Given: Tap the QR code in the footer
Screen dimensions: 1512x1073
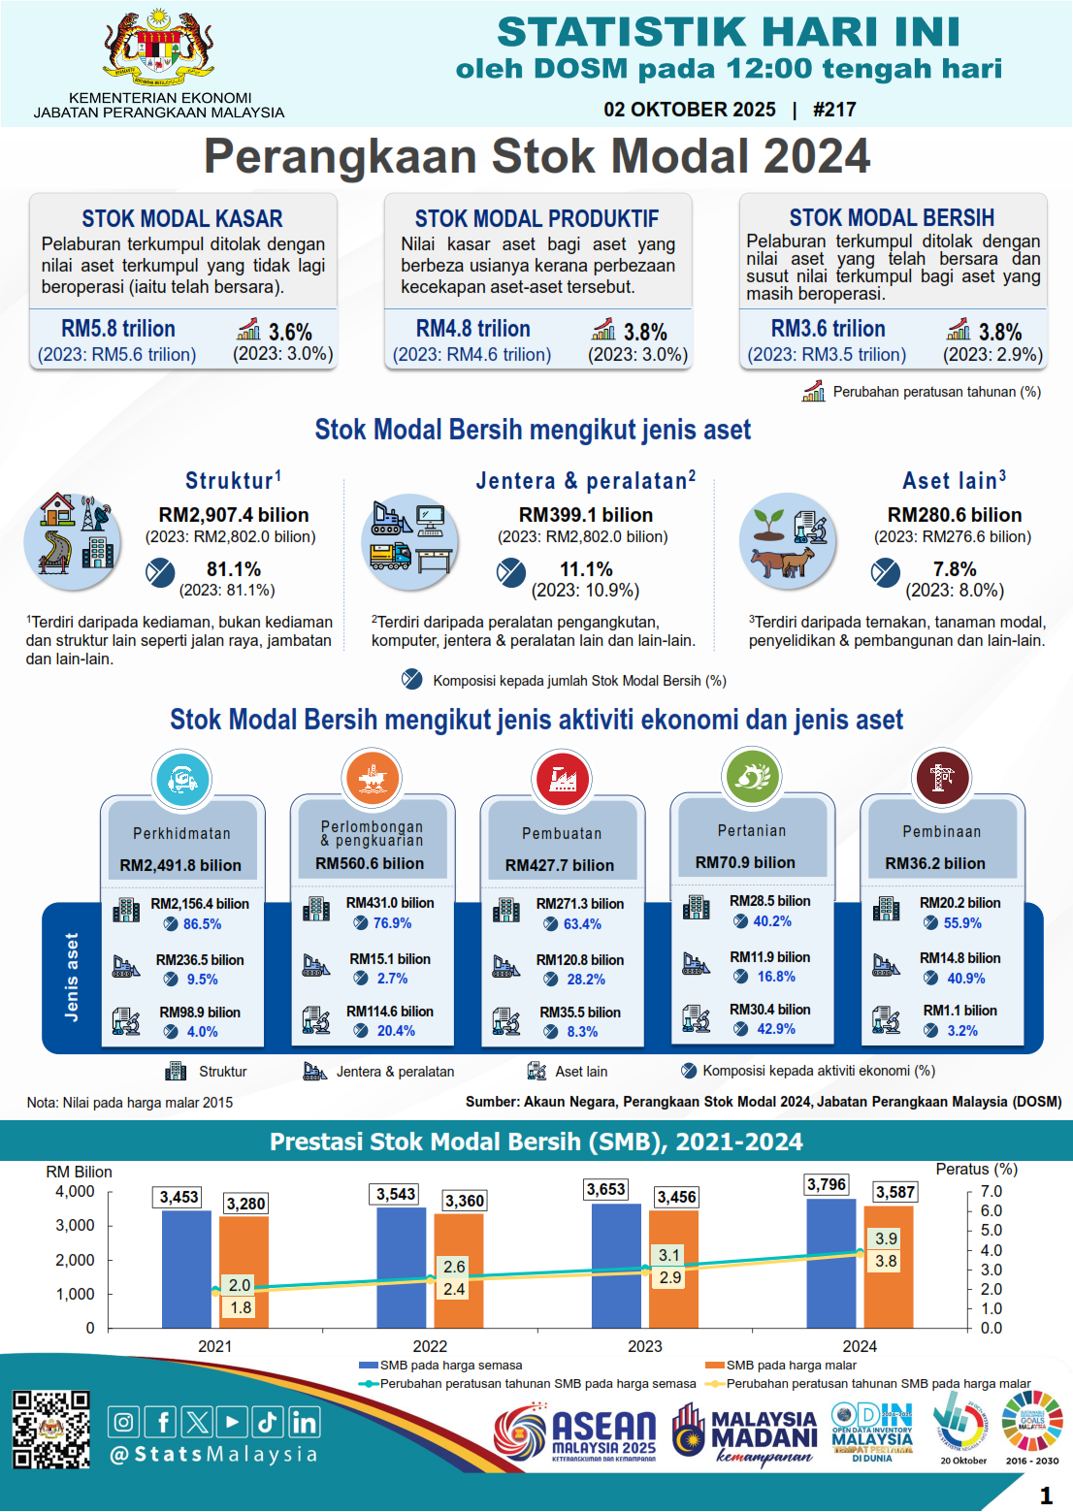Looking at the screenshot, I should pos(50,1430).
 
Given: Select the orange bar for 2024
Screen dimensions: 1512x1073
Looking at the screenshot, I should pos(889,1266).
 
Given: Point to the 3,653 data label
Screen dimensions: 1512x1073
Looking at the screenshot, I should pos(606,1189).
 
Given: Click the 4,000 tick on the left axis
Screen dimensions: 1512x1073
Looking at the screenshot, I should pos(75,1192).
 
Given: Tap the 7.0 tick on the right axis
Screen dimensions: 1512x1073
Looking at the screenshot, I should pos(991,1192).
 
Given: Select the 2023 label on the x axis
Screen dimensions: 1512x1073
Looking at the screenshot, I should pos(645,1346).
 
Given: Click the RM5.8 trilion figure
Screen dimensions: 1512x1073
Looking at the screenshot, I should pos(118,329).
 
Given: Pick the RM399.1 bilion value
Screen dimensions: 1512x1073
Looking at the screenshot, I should pos(586,515).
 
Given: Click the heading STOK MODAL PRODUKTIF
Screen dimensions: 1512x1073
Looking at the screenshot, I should pos(536,219).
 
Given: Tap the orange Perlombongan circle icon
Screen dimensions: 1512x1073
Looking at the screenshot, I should pos(372,778).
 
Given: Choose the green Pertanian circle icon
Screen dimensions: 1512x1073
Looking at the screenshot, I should pos(752,776).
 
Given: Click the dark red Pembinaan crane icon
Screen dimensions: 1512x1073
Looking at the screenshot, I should pos(941,777).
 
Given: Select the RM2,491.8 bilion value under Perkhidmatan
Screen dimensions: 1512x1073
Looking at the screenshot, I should pos(180,865).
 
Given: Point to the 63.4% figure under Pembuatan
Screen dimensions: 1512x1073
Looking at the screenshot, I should pos(582,924).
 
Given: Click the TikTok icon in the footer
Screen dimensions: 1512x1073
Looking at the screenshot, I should pos(267,1423).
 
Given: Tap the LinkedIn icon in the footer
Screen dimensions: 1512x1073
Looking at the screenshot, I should pos(304,1423).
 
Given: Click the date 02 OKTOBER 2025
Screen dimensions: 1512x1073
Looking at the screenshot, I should pos(690,110).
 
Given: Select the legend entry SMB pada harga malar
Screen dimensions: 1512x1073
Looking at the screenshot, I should pos(791,1366).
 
